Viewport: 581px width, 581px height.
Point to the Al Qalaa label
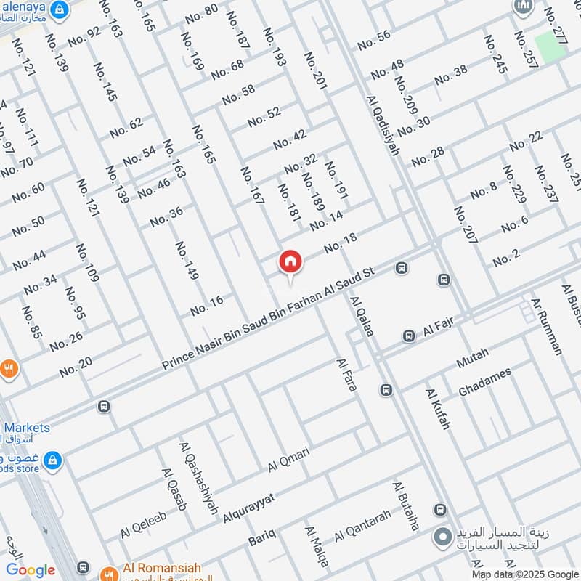coord(362,315)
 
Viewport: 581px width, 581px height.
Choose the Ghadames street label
coord(484,382)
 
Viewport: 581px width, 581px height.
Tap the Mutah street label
coord(472,357)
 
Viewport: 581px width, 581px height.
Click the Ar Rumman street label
coord(546,326)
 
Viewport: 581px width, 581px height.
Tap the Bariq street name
coord(262,538)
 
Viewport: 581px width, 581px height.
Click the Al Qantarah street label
coord(362,527)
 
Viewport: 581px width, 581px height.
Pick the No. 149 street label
coord(187,261)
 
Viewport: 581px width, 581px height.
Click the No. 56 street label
coord(374,40)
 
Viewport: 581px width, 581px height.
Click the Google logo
coord(31,570)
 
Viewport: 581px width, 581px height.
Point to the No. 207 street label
coord(466,234)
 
